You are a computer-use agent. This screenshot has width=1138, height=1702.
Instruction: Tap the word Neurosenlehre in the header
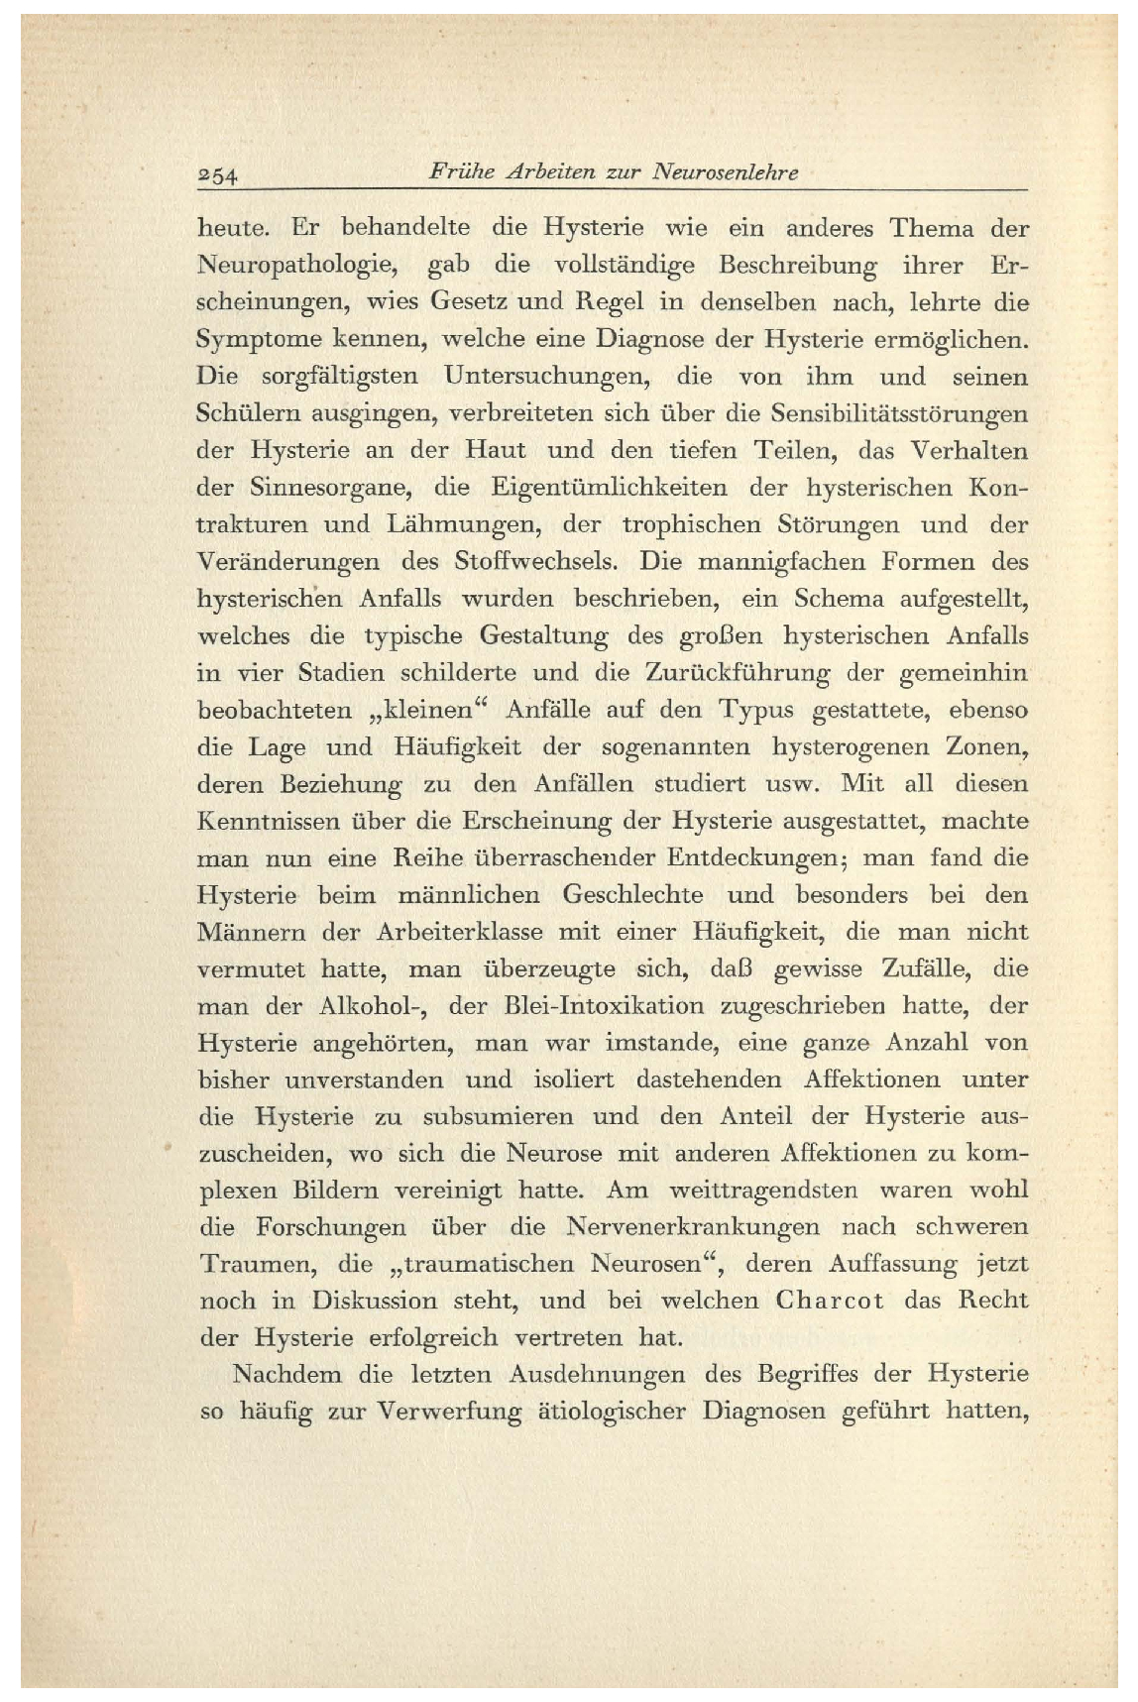pyautogui.click(x=725, y=172)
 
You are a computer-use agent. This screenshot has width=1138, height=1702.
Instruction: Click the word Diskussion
pyautogui.click(x=375, y=1301)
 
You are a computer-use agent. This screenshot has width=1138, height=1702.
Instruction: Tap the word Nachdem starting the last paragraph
pyautogui.click(x=287, y=1375)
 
